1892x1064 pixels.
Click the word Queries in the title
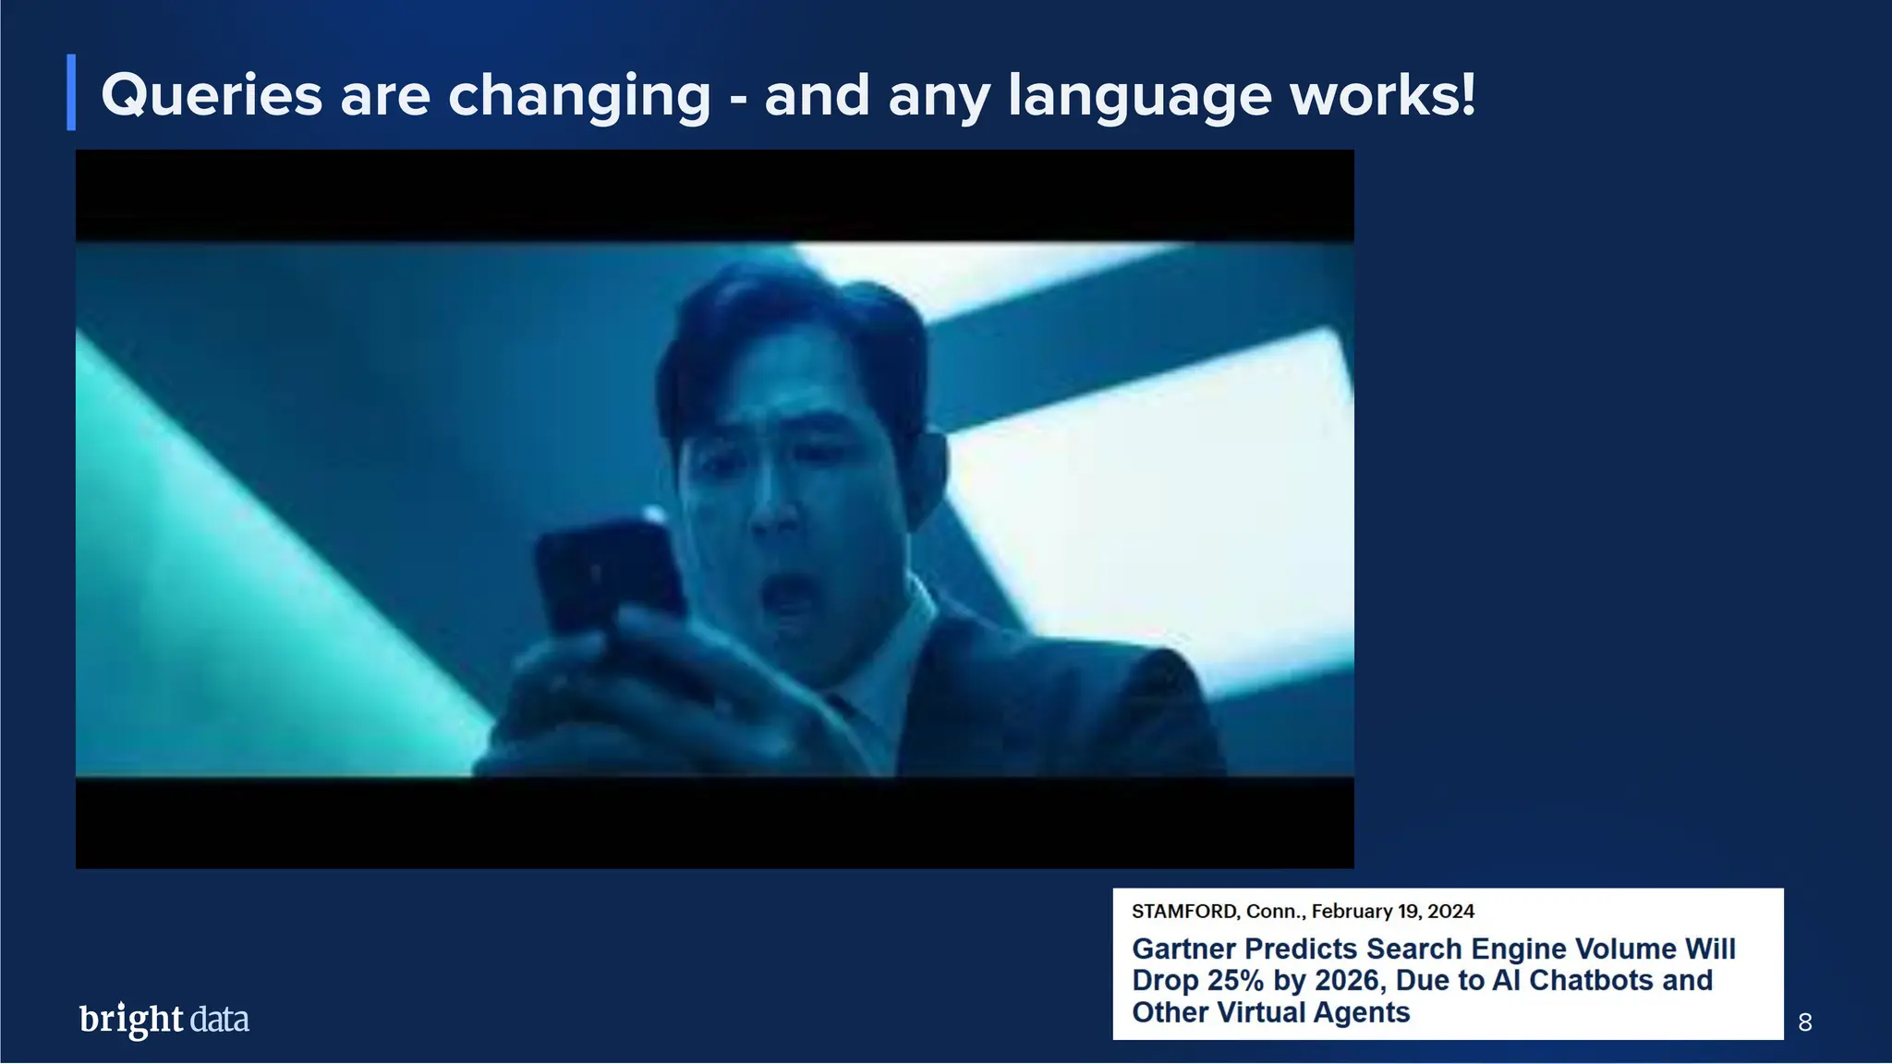click(x=212, y=95)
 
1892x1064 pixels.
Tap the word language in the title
click(x=1138, y=97)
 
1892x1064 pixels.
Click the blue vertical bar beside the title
click(x=71, y=92)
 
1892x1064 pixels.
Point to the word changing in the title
click(x=579, y=97)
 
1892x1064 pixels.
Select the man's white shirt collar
click(x=901, y=647)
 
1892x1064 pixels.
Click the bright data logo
click(x=164, y=1019)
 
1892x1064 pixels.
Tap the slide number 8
click(x=1805, y=1022)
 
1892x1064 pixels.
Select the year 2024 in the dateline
click(x=1450, y=912)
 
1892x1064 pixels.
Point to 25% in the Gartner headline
click(x=1235, y=980)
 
